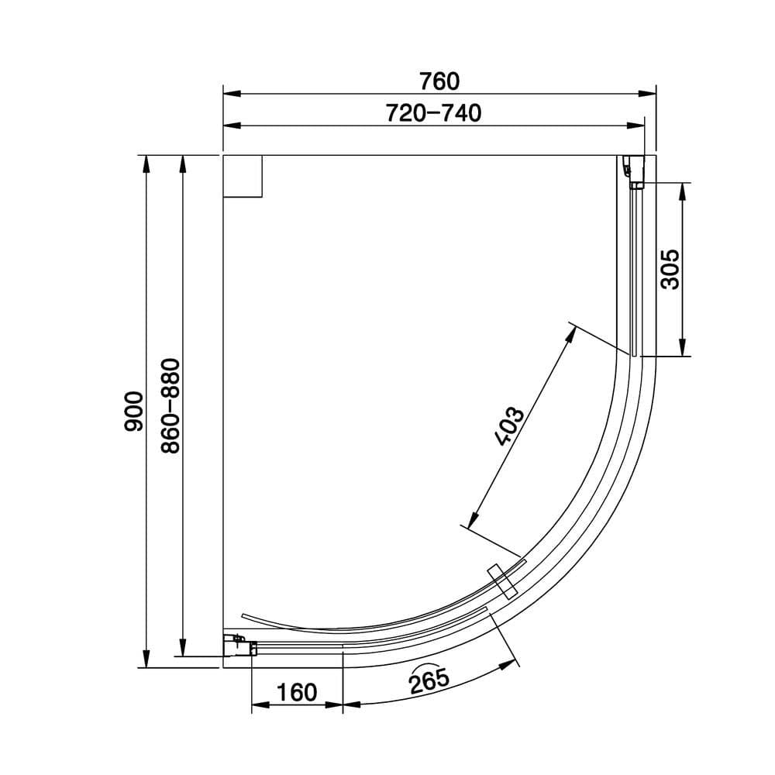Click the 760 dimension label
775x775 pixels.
point(439,81)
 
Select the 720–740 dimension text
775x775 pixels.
point(434,114)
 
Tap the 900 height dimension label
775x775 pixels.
point(133,411)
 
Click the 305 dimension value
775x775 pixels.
point(670,269)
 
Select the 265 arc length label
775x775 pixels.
point(430,681)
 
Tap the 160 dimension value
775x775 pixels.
point(296,692)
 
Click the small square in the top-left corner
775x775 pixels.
point(243,176)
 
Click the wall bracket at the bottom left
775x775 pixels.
point(240,645)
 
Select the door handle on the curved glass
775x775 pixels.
point(502,580)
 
